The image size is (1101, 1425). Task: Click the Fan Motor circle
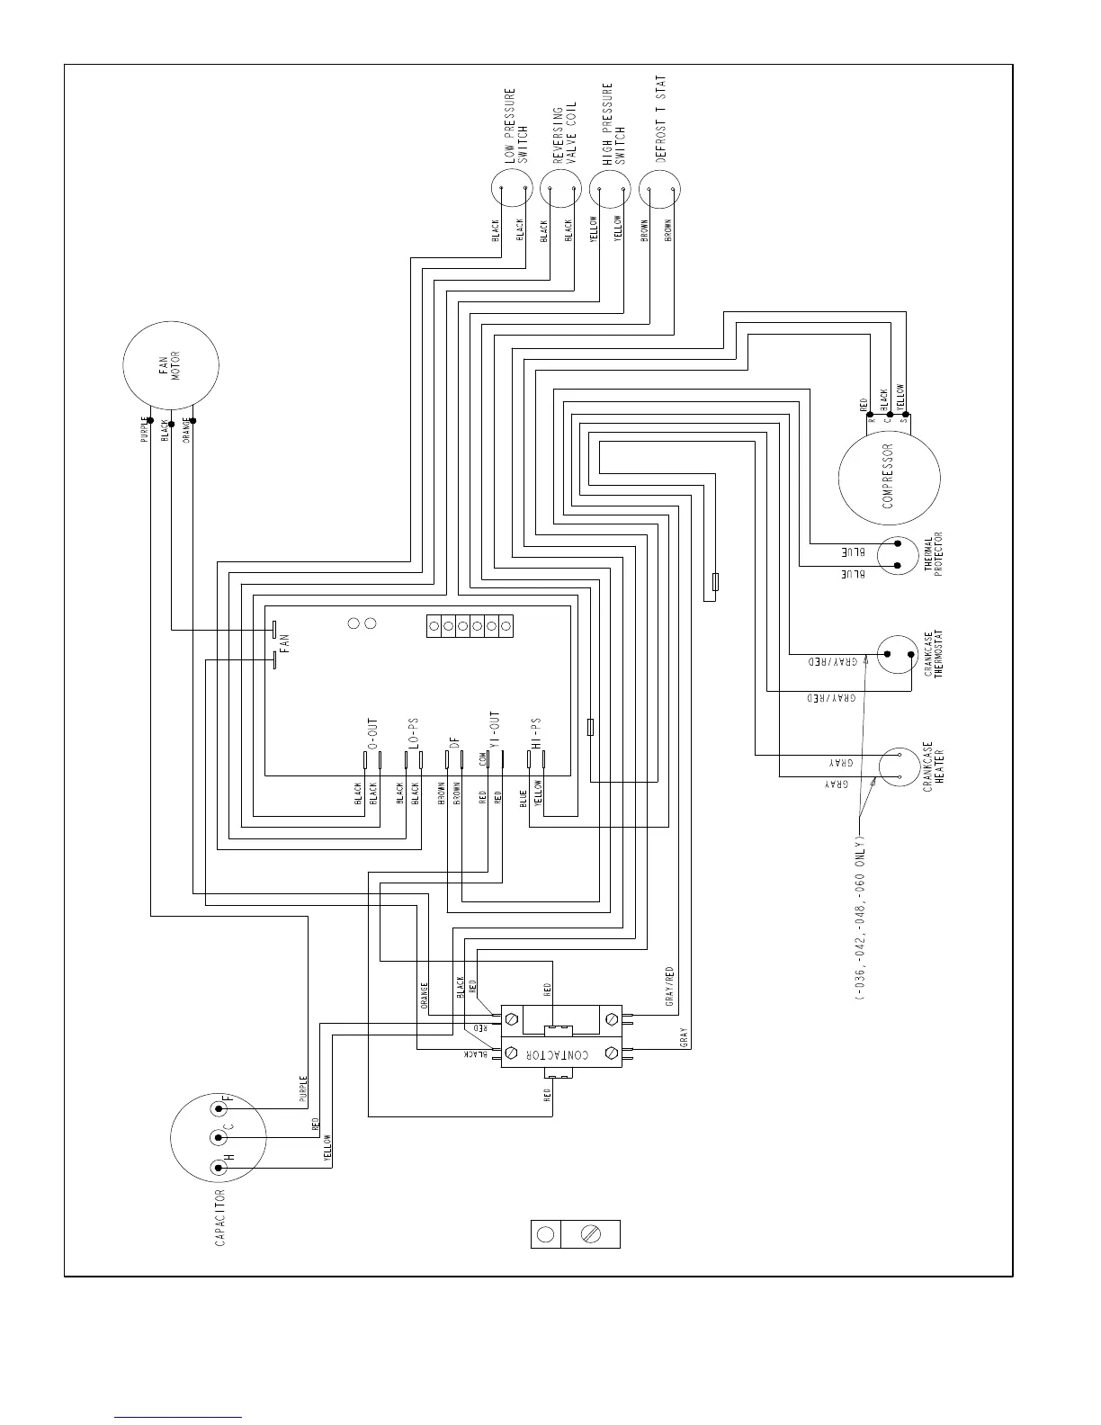coord(171,364)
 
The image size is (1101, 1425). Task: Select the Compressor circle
coord(889,477)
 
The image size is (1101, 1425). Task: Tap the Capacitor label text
coord(220,1217)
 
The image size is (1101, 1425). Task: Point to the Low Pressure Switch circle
coord(512,189)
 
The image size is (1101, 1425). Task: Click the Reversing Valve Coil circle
coord(561,189)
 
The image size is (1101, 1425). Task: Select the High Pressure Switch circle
coord(611,189)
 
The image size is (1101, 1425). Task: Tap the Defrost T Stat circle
coord(659,189)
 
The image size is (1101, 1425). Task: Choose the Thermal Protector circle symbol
coord(898,555)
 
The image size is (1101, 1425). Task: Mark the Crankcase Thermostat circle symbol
coord(898,655)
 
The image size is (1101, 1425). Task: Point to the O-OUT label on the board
coord(372,733)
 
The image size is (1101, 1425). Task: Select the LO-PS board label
coord(414,734)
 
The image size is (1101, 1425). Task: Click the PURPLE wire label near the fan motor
coord(144,429)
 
